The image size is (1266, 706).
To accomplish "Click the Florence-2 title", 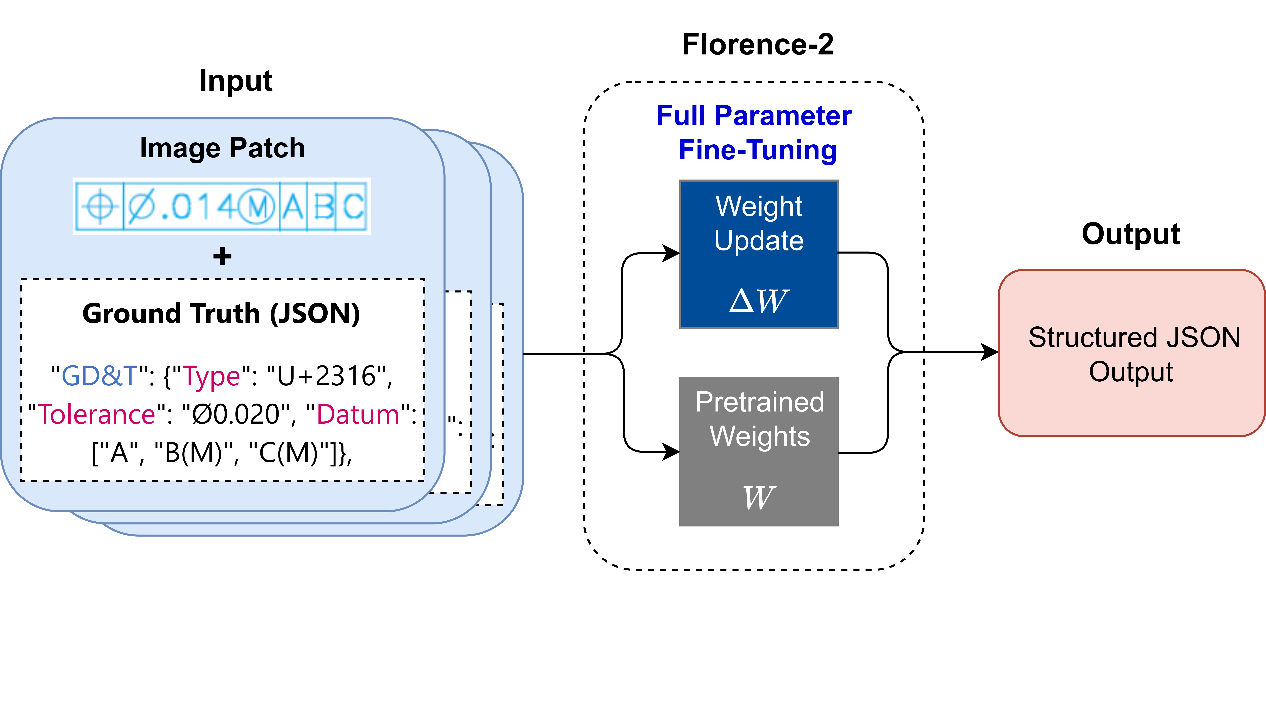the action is pos(758,44).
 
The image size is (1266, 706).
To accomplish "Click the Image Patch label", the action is pos(222,148).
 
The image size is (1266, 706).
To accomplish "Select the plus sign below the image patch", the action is pos(222,256).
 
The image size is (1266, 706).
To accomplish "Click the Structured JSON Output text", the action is pos(1134,355).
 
